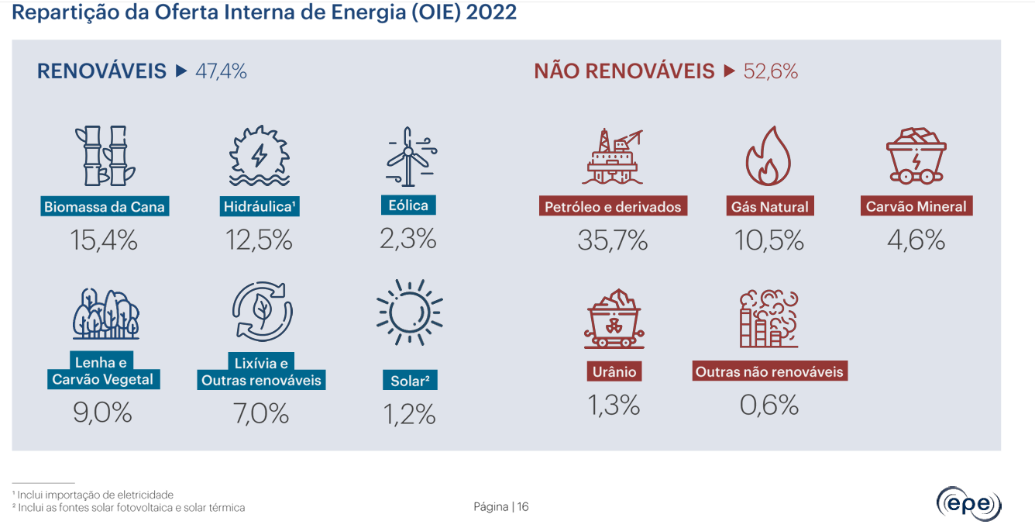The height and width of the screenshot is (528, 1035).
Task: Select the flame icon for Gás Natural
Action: (769, 157)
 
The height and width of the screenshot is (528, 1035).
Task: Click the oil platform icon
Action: (613, 157)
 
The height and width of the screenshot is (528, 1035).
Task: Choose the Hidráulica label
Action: (260, 207)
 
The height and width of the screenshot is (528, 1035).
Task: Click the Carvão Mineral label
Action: (916, 207)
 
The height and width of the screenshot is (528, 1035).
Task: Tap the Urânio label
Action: (614, 372)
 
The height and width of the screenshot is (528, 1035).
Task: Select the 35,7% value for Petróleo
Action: (613, 241)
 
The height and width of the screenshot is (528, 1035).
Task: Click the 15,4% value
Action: (104, 241)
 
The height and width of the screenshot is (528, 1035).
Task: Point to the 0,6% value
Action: (769, 405)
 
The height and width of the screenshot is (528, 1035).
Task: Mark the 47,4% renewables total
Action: (222, 72)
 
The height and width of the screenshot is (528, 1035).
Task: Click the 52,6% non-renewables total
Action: (771, 72)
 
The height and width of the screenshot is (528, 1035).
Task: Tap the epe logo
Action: (968, 504)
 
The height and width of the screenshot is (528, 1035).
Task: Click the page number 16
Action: (523, 507)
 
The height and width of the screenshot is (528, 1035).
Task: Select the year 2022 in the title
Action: (491, 13)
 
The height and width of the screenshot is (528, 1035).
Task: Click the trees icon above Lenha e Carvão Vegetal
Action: (105, 313)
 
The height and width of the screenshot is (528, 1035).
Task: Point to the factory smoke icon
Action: (769, 319)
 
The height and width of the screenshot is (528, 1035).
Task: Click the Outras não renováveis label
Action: (769, 372)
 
